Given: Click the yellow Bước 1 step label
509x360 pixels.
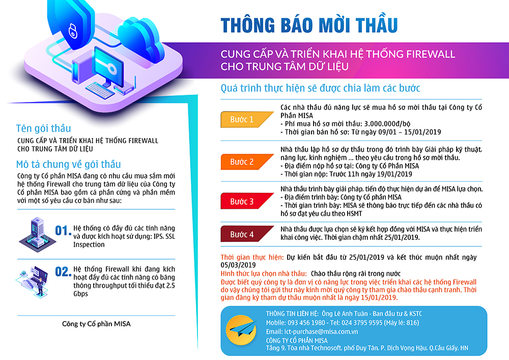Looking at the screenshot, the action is click(246, 120).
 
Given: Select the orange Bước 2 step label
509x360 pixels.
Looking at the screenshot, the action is click(246, 161).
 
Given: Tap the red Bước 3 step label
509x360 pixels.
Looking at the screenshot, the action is click(246, 201).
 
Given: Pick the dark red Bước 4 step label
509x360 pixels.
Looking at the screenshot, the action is click(246, 234).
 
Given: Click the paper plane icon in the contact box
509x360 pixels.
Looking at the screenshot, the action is click(241, 329).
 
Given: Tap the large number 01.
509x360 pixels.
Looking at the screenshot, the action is click(63, 231).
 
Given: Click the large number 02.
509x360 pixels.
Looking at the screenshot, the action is click(63, 271).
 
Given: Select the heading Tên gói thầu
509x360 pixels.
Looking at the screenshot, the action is click(43, 128).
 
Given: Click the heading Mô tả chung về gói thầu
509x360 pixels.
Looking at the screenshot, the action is click(69, 164).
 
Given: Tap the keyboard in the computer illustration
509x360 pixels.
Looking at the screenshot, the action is click(100, 90).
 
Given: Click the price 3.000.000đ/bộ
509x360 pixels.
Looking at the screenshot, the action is click(387, 124).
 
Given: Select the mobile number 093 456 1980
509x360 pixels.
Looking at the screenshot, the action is click(306, 323).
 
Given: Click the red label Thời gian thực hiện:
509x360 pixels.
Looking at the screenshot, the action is click(252, 258).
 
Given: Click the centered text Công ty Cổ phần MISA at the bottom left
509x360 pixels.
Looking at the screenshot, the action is click(96, 324).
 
